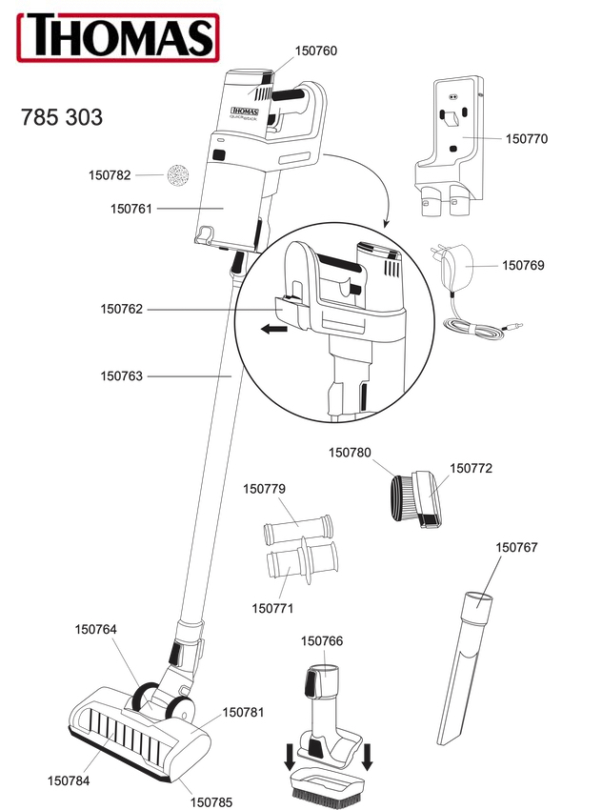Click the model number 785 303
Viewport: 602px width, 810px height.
(x=62, y=118)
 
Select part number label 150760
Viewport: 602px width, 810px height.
(x=316, y=51)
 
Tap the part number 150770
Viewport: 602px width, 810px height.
(x=527, y=139)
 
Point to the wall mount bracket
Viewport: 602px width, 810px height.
(x=450, y=143)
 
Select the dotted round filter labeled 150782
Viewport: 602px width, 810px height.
(x=176, y=175)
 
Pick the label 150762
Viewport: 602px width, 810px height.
(x=121, y=309)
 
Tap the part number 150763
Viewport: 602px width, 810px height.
(x=121, y=376)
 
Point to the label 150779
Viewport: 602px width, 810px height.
(x=264, y=489)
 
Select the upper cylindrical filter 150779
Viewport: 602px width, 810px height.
(x=296, y=525)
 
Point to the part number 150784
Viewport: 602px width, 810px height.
(x=69, y=780)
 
